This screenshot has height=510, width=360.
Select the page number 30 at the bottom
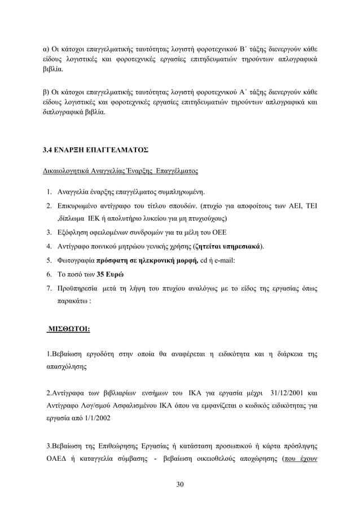click(179, 483)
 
